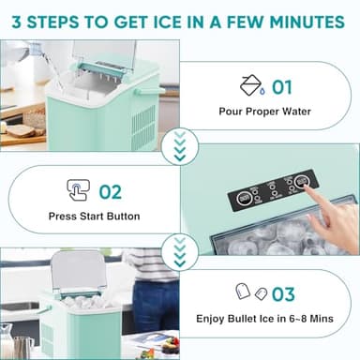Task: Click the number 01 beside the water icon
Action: (282, 87)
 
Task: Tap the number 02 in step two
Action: (111, 191)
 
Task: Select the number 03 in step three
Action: (281, 293)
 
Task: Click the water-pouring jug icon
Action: (251, 87)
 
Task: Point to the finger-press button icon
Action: (78, 191)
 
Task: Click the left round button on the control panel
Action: (243, 198)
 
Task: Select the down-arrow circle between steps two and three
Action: (180, 249)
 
